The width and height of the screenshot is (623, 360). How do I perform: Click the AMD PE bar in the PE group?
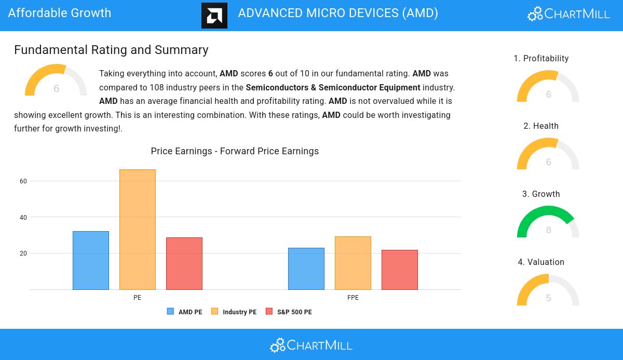[x=91, y=260]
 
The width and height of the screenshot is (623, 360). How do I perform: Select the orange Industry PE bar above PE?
[x=138, y=230]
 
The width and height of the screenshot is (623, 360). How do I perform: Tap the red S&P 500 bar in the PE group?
[x=184, y=263]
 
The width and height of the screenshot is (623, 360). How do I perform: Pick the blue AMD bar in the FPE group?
[x=306, y=269]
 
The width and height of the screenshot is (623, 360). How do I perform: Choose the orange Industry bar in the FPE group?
[x=353, y=263]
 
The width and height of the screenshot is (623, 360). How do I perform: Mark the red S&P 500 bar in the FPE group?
[x=400, y=270]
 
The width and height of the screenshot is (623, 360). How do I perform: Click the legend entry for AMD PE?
[x=185, y=312]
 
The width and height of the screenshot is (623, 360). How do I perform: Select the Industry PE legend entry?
[x=234, y=312]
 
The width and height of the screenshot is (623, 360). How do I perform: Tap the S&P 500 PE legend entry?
[x=289, y=312]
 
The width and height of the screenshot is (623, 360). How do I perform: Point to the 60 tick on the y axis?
[x=23, y=181]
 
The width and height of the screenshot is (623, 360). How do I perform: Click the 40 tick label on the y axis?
[x=23, y=218]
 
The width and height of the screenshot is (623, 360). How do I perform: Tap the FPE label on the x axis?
[x=353, y=298]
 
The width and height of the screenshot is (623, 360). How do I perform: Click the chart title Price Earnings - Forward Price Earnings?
[x=235, y=151]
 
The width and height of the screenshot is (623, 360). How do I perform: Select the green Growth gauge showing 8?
[x=548, y=222]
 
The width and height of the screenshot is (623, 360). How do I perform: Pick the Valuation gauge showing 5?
[x=548, y=290]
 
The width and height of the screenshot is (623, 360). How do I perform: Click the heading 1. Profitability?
[x=541, y=59]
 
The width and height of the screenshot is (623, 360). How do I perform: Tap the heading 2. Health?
[x=541, y=126]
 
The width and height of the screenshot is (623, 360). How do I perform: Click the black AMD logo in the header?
[x=214, y=16]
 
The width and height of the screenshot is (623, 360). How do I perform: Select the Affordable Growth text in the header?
[x=60, y=13]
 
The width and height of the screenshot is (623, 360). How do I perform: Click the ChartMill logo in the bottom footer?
[x=311, y=345]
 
